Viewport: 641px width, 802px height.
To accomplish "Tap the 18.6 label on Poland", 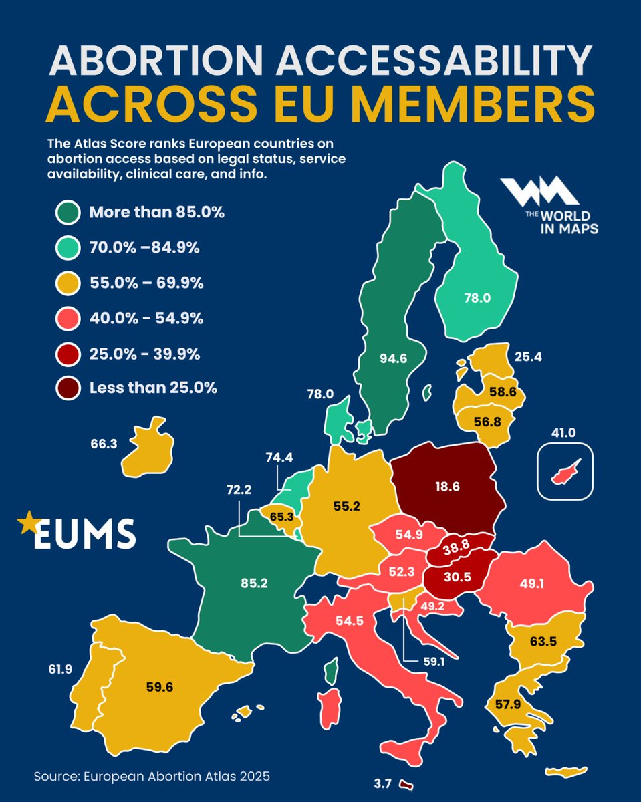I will pyautogui.click(x=446, y=487).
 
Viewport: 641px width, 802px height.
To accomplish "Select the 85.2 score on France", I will pyautogui.click(x=255, y=583).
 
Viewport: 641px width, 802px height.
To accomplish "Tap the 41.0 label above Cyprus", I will pyautogui.click(x=563, y=433).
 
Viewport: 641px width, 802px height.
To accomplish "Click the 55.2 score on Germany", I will pyautogui.click(x=347, y=507).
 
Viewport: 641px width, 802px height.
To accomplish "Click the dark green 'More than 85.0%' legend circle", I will pyautogui.click(x=69, y=213).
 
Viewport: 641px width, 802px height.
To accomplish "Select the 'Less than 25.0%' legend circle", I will pyautogui.click(x=69, y=388).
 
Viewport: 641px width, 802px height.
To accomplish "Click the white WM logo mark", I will pyautogui.click(x=539, y=192).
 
